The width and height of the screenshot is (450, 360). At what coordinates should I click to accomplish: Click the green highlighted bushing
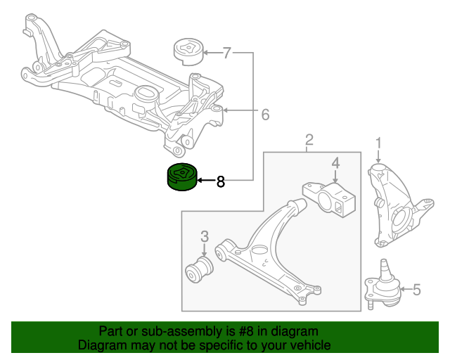(x=182, y=177)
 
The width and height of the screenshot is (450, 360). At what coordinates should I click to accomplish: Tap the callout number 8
(x=220, y=181)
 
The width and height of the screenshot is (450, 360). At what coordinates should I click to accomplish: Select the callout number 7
(x=226, y=53)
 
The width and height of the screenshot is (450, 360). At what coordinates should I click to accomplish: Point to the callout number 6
(x=266, y=115)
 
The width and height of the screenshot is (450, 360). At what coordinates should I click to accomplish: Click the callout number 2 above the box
(x=309, y=141)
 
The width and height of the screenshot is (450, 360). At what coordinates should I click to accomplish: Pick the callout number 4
(x=335, y=163)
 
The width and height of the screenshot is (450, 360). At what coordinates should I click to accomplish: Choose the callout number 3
(x=205, y=236)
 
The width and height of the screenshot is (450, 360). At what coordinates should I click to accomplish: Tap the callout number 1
(x=379, y=143)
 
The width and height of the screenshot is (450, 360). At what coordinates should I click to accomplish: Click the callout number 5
(x=416, y=290)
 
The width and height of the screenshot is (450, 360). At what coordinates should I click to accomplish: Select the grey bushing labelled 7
(x=189, y=52)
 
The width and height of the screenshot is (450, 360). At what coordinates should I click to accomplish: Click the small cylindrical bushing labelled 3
(x=199, y=269)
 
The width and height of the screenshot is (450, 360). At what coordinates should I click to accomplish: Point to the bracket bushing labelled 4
(x=330, y=200)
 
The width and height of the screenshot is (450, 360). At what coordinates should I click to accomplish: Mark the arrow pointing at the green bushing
(x=206, y=181)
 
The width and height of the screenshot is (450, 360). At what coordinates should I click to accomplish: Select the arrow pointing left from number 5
(x=406, y=289)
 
